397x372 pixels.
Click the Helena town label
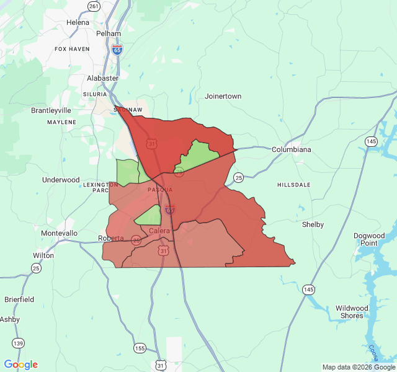pyautogui.click(x=78, y=23)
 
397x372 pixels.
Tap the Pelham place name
pyautogui.click(x=108, y=33)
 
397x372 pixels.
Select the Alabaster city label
pyautogui.click(x=102, y=79)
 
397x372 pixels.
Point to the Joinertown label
pyautogui.click(x=223, y=97)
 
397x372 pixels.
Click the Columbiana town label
pyautogui.click(x=291, y=150)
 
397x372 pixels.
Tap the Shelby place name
pyautogui.click(x=313, y=224)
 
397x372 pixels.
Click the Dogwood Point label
pyautogui.click(x=369, y=239)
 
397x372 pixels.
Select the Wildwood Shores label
pyautogui.click(x=352, y=312)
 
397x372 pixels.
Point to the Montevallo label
pyautogui.click(x=59, y=233)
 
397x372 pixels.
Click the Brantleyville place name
pyautogui.click(x=51, y=110)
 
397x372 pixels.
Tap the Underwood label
pyautogui.click(x=61, y=180)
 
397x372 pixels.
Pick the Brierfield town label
pyautogui.click(x=19, y=299)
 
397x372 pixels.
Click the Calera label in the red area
pyautogui.click(x=159, y=231)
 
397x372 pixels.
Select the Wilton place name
pyautogui.click(x=43, y=255)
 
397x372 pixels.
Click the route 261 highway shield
pyautogui.click(x=94, y=6)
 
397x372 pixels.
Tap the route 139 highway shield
pyautogui.click(x=19, y=343)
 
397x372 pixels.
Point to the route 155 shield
pyautogui.click(x=140, y=348)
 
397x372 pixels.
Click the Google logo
pyautogui.click(x=21, y=365)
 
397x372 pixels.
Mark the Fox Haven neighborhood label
pyautogui.click(x=72, y=49)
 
